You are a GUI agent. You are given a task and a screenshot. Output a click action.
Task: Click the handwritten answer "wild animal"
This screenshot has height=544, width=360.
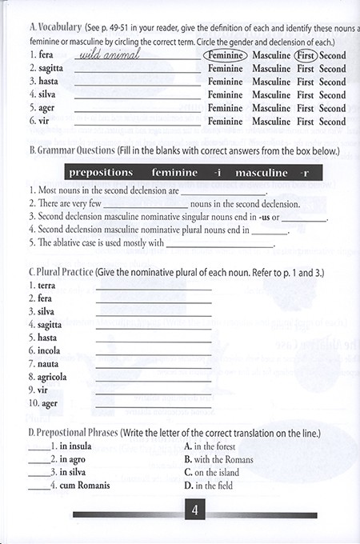pos(111,55)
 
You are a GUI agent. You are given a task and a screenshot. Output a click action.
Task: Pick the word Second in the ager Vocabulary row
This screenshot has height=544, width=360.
pos(332,108)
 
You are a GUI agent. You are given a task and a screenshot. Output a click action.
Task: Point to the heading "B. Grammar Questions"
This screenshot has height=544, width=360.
pos(78,150)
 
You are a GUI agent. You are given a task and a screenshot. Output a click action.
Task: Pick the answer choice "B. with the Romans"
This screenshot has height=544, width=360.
pos(218,459)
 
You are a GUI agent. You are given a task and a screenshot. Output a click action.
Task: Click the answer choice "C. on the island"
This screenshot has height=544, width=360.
pos(214,472)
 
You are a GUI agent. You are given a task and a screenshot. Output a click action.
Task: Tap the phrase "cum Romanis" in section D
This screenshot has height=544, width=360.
pos(84,485)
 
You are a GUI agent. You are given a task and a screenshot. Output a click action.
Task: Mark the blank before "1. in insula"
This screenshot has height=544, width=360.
pos(38,447)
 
